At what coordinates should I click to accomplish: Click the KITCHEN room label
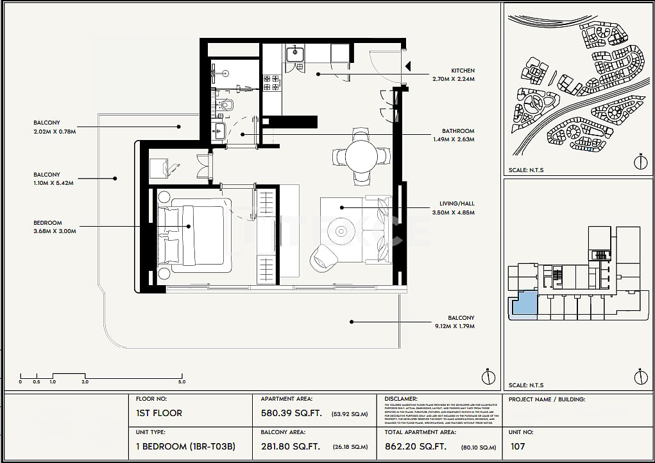(463, 71)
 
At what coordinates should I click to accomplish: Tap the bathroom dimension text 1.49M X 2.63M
(453, 139)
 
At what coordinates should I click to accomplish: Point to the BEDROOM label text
(48, 223)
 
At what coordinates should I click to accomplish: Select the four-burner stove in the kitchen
(271, 83)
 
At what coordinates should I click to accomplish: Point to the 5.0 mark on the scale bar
(182, 381)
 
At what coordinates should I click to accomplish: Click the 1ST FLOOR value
(158, 413)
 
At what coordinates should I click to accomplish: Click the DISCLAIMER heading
(401, 399)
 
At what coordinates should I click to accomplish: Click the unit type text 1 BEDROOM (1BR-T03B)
(185, 446)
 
